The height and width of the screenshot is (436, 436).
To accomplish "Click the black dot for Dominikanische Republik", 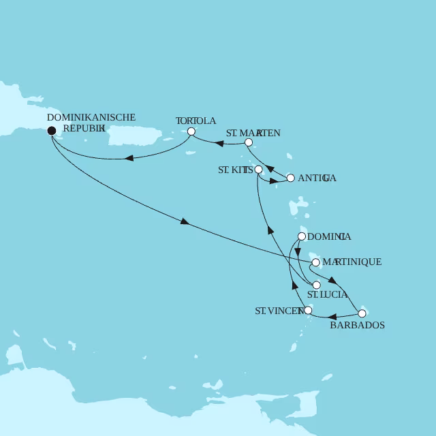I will point(52,131).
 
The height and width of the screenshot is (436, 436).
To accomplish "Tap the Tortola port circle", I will point(191,131).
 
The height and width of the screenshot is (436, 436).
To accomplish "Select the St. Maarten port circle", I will point(249,142).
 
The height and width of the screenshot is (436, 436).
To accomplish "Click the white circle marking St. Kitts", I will point(258,169).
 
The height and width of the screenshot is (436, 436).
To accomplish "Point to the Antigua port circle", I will point(291,178).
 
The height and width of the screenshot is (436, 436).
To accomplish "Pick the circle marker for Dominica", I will point(302,236).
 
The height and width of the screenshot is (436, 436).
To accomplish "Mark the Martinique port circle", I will point(315,262).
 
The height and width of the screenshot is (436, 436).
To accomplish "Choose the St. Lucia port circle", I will point(316,285).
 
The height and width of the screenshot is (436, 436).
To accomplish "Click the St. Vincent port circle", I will point(309,311).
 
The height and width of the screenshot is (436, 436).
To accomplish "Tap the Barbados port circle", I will point(362,313).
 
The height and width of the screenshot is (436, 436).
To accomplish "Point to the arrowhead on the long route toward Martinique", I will point(184,221).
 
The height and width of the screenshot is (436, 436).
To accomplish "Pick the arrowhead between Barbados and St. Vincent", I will point(333,317).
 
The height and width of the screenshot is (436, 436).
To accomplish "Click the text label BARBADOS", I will point(357,326).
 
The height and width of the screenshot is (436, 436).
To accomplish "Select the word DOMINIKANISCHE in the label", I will point(91,117).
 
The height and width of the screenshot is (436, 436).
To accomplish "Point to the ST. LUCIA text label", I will point(328,295).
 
